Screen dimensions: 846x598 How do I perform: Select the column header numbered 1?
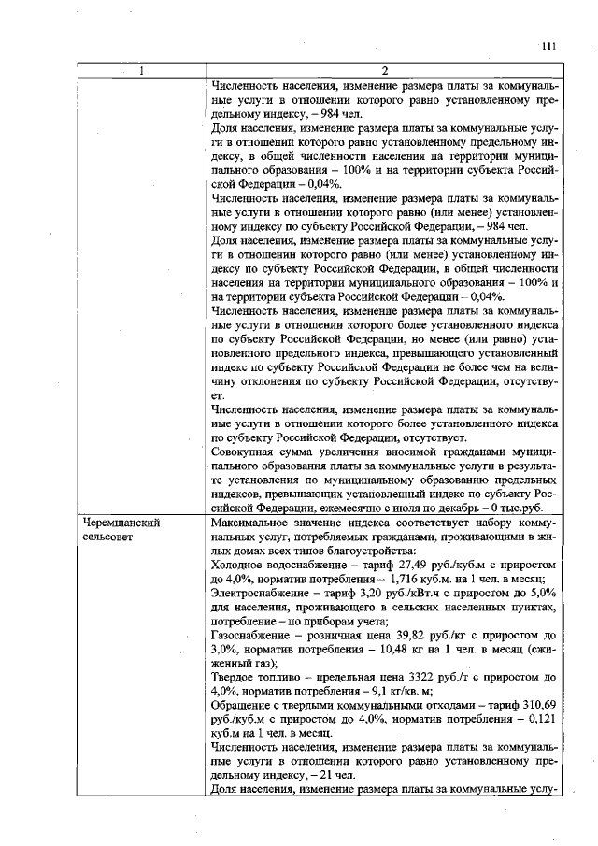pyautogui.click(x=141, y=71)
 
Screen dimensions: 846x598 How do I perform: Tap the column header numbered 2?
pyautogui.click(x=384, y=71)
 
